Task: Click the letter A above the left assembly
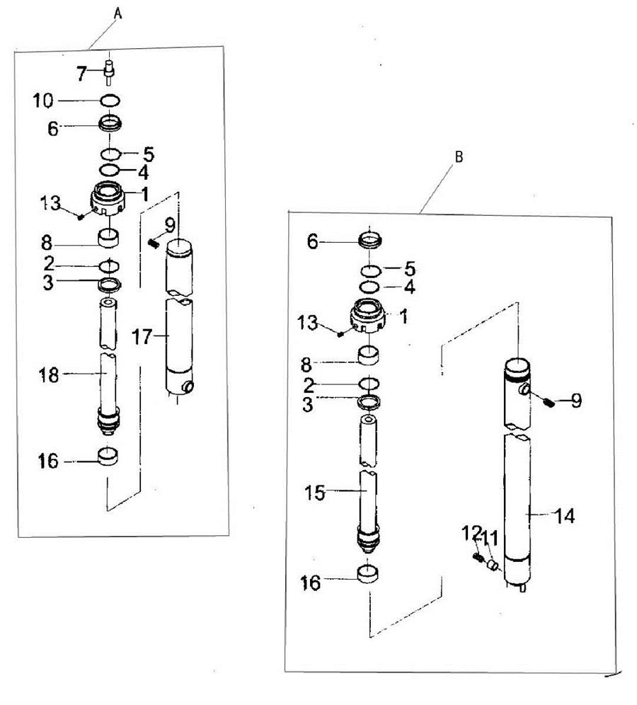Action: point(117,13)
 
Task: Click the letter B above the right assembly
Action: point(459,157)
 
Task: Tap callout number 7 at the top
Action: point(81,74)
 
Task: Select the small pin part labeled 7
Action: point(109,70)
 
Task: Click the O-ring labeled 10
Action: point(110,101)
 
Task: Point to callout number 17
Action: point(142,336)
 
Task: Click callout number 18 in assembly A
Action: point(49,374)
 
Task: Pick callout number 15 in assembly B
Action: point(315,493)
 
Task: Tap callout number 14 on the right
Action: point(565,516)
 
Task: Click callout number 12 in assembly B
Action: point(471,534)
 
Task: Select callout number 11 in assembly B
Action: point(490,538)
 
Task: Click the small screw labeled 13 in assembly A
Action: point(81,217)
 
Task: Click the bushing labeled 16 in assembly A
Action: point(109,457)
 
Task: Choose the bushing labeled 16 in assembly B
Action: point(368,574)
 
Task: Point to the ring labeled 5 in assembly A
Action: point(110,154)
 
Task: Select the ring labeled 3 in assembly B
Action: point(369,402)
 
